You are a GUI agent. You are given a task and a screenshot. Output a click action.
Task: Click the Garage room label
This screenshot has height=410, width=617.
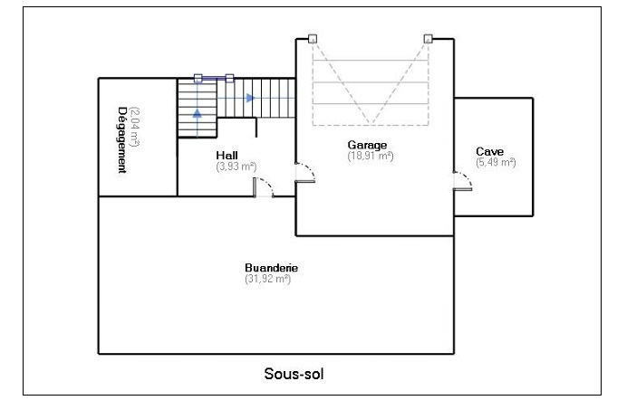[x=367, y=144]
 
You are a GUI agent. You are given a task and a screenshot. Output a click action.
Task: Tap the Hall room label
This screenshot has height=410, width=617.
[x=227, y=155]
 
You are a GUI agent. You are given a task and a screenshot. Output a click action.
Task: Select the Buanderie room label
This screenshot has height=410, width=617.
[x=271, y=268]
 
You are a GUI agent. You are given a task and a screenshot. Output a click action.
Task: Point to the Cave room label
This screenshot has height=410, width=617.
[x=490, y=150]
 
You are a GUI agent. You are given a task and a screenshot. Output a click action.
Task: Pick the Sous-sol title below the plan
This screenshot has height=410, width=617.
[x=293, y=373]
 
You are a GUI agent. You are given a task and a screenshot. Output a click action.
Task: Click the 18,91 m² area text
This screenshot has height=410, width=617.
[x=371, y=156]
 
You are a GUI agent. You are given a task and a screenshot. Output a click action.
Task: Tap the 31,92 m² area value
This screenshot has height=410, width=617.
[x=267, y=280]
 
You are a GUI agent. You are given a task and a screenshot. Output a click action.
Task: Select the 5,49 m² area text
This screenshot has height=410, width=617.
[x=496, y=162]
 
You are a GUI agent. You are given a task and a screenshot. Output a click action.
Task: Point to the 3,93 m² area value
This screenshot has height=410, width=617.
[x=236, y=167]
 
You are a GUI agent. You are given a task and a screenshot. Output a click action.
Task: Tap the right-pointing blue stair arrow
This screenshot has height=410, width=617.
[x=250, y=97]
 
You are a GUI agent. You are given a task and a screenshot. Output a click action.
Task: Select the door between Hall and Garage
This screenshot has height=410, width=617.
[x=304, y=174]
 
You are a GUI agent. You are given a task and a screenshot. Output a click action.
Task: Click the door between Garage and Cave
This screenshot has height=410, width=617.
[x=463, y=182]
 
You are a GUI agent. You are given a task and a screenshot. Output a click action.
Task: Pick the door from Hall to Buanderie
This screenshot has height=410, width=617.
[x=265, y=188]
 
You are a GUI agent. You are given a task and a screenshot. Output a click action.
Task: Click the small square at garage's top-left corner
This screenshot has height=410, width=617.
[x=311, y=39]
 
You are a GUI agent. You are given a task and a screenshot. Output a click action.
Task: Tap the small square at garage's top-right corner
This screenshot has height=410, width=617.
[x=427, y=39]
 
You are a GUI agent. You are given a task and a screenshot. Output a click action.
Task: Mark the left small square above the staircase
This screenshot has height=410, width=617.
[x=198, y=79]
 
